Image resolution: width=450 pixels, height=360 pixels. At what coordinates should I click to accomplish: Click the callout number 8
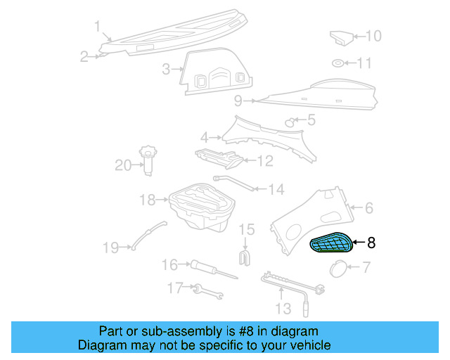(371, 243)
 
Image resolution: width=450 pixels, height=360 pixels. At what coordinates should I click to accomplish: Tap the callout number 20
(124, 165)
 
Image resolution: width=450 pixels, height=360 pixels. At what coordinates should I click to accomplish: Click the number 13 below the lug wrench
(282, 309)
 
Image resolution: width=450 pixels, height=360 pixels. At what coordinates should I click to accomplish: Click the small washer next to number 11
(339, 64)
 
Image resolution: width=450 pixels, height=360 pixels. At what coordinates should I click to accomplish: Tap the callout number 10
(373, 35)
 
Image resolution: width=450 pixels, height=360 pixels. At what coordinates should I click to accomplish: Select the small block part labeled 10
(340, 36)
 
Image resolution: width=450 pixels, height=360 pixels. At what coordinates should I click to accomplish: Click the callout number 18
(146, 200)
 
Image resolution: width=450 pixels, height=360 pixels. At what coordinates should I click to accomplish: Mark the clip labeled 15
(246, 257)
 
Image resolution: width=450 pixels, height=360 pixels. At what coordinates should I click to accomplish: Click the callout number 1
(98, 27)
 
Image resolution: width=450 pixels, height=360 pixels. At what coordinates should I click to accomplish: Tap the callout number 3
(166, 69)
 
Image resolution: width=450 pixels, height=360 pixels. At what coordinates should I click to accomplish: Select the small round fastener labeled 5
(288, 122)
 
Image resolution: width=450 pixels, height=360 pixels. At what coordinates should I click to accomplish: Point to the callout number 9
(238, 100)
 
